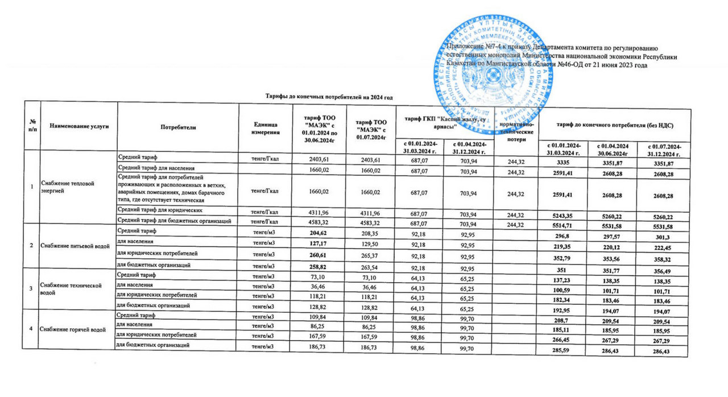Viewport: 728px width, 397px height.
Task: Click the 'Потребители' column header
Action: point(178,127)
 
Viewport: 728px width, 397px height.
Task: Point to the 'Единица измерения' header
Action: point(264,127)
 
